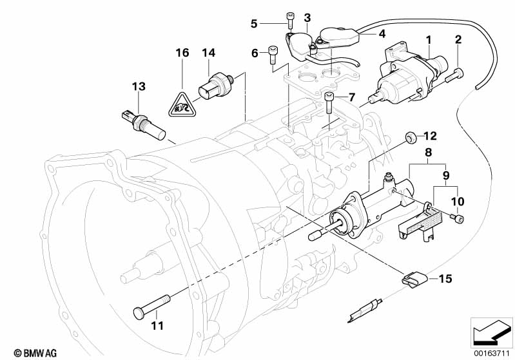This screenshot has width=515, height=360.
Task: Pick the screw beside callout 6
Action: pos(273,55)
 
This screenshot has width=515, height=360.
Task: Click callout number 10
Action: pos(458,202)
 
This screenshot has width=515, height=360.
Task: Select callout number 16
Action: pos(182,52)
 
